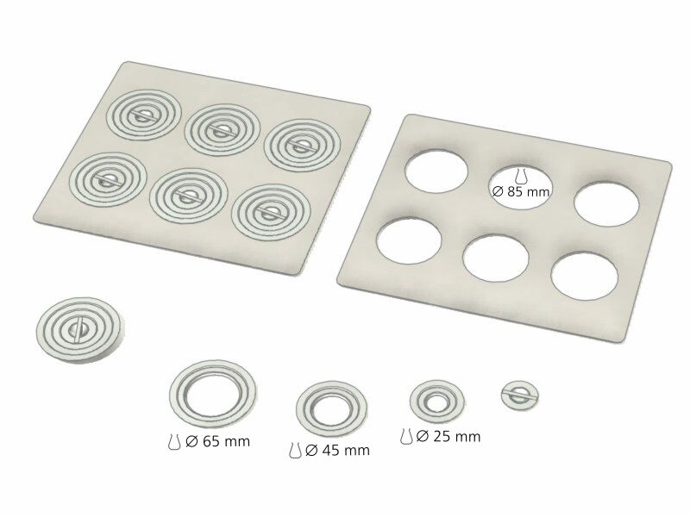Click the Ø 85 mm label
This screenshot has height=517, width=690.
pos(522,192)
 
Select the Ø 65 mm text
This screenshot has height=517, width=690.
pos(218,441)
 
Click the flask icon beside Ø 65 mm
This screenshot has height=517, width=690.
pos(174,442)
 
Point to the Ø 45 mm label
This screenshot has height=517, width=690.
pos(337,451)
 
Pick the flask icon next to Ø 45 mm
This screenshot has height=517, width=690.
pos(295,451)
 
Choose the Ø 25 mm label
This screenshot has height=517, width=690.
pos(448,437)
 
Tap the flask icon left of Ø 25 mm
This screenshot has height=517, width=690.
pos(406,437)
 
